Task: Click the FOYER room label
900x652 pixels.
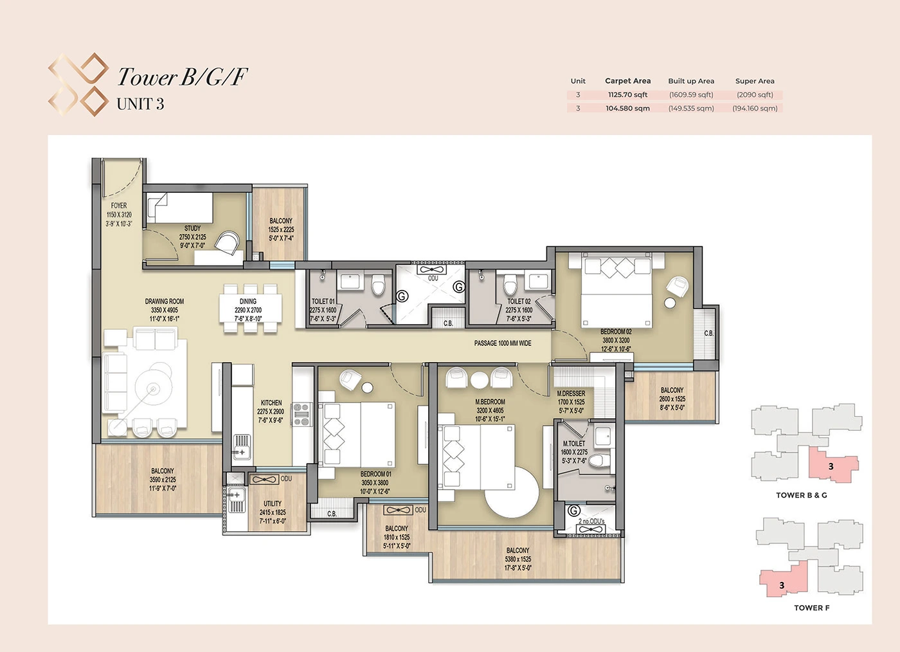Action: click(119, 206)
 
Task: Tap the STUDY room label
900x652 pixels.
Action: click(192, 228)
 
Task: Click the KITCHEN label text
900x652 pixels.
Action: click(271, 403)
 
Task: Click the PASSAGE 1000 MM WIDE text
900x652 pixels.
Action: click(503, 343)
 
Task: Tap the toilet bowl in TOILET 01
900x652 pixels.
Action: click(378, 285)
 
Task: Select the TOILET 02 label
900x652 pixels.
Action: click(519, 301)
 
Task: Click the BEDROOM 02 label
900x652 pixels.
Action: click(616, 332)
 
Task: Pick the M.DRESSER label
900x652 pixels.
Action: click(571, 394)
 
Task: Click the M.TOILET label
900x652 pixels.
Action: click(574, 444)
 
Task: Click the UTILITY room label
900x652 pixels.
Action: click(273, 504)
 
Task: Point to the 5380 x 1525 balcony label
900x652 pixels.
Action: click(517, 559)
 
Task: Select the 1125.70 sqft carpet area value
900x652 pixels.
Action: click(627, 95)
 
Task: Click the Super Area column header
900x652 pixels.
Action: click(755, 81)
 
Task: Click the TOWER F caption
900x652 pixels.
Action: click(811, 608)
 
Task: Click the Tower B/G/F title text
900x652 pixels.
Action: click(182, 77)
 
